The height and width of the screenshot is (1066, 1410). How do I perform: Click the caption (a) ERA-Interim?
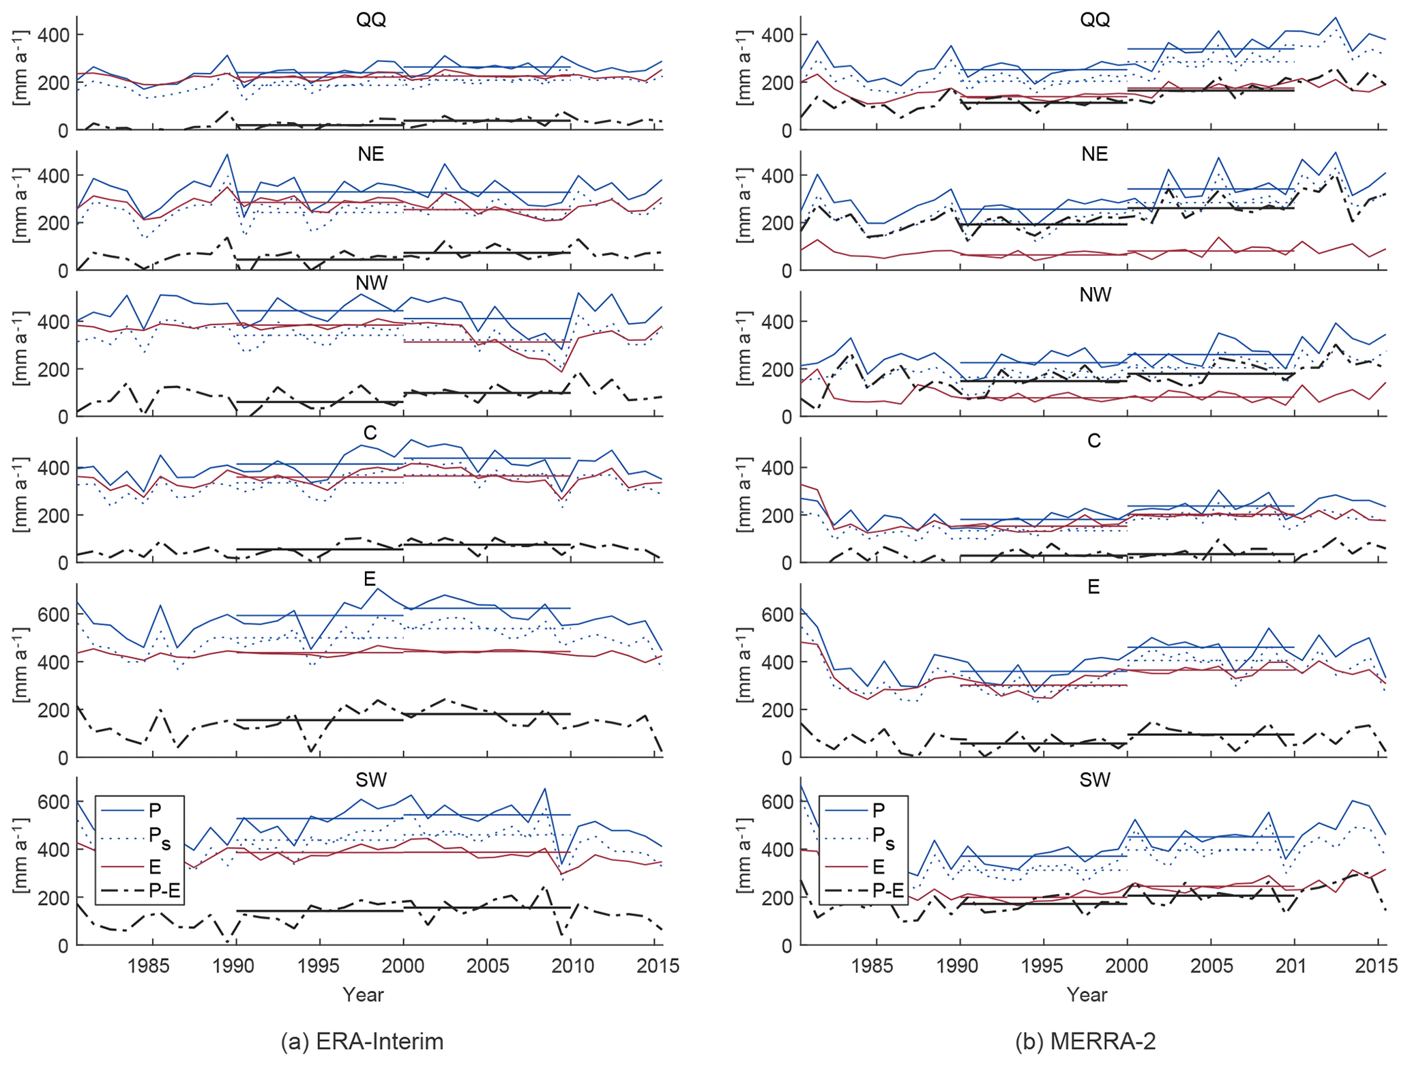362,1041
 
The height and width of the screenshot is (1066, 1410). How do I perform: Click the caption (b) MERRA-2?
1085,1041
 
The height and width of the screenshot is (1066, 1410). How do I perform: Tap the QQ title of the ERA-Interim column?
371,19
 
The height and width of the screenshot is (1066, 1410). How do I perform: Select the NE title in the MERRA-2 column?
1094,154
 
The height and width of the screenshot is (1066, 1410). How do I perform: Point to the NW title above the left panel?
371,282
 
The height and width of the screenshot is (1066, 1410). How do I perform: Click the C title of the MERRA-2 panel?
1094,441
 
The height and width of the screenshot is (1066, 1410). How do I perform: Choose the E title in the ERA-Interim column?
370,579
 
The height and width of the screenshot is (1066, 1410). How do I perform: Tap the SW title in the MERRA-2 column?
1095,780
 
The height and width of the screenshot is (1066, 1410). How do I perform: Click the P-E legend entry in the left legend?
164,890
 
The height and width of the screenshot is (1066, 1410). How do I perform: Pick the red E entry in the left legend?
155,867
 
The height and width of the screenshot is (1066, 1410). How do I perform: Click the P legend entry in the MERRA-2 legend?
879,810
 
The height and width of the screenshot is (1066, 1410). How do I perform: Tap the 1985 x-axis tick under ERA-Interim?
152,966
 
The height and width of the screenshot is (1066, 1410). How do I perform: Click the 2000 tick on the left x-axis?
403,966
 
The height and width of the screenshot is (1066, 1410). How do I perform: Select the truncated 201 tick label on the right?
1291,966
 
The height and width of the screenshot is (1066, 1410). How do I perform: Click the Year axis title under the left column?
363,994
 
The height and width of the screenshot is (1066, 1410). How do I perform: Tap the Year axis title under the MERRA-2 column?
1087,994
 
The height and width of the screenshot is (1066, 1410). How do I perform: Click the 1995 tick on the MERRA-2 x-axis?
1043,966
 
